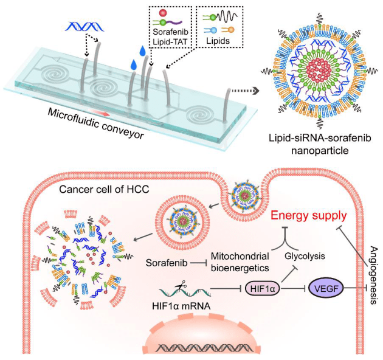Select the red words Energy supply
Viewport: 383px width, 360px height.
coord(308,214)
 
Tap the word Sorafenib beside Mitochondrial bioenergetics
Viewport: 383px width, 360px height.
coord(165,263)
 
